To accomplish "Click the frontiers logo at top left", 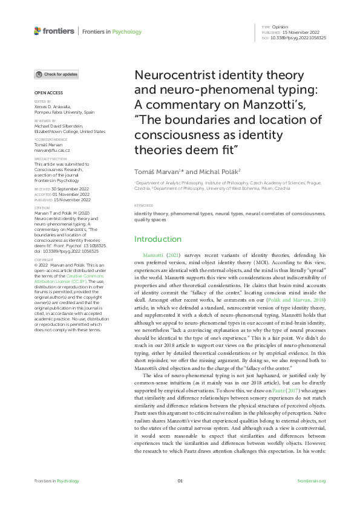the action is pyautogui.click(x=54, y=31).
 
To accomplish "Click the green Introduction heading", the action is pyautogui.click(x=157, y=239).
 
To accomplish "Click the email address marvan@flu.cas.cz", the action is pyautogui.click(x=52, y=150).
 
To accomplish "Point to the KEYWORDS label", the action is pyautogui.click(x=143, y=206).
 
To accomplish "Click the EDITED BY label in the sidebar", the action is pyautogui.click(x=41, y=102).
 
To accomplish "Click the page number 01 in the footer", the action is pyautogui.click(x=180, y=481).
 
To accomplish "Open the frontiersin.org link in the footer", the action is pyautogui.click(x=312, y=481).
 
